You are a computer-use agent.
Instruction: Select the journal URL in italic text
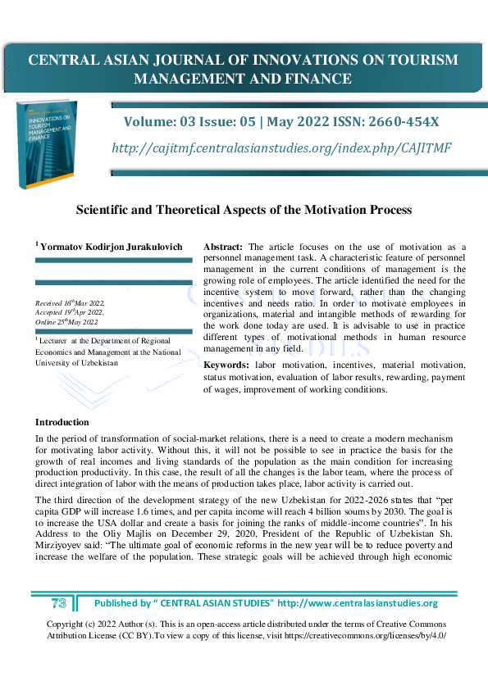click(281, 148)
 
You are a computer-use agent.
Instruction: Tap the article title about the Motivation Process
click(244, 210)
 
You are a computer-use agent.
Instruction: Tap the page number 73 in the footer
click(58, 603)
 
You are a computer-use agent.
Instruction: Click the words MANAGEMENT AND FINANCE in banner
click(243, 79)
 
